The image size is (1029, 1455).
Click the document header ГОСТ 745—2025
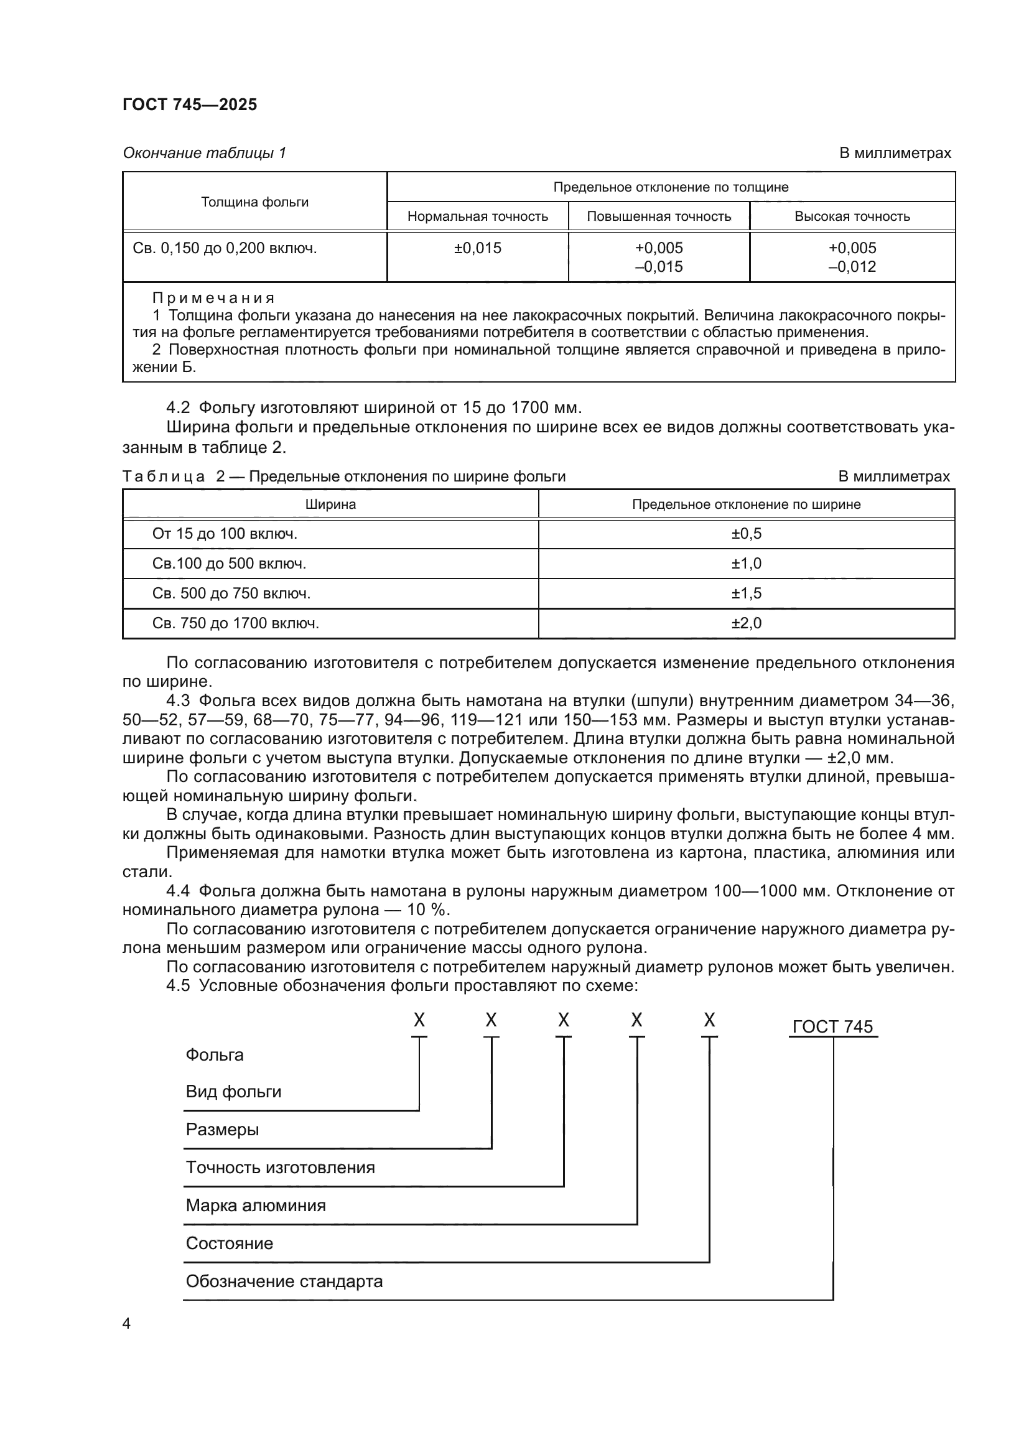(190, 105)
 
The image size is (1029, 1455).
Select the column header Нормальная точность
(477, 216)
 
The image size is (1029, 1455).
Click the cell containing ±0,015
(477, 248)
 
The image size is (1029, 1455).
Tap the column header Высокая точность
(852, 216)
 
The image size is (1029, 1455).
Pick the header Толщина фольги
(254, 202)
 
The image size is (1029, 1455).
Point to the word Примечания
(213, 298)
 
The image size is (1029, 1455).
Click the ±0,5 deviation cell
(746, 534)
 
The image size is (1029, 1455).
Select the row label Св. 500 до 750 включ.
(231, 594)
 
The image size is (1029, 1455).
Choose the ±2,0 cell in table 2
(746, 623)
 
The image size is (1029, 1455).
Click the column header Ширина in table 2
(330, 504)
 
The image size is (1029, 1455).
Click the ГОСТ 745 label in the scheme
(832, 1026)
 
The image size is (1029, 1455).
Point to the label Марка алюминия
(255, 1206)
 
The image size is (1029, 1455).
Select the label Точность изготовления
(280, 1167)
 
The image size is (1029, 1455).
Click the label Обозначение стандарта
(284, 1281)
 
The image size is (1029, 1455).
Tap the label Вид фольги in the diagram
(233, 1091)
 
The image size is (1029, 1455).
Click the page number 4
(126, 1324)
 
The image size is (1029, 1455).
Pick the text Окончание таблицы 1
(204, 153)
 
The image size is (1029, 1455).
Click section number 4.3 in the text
(177, 701)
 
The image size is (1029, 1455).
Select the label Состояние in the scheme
(229, 1243)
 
